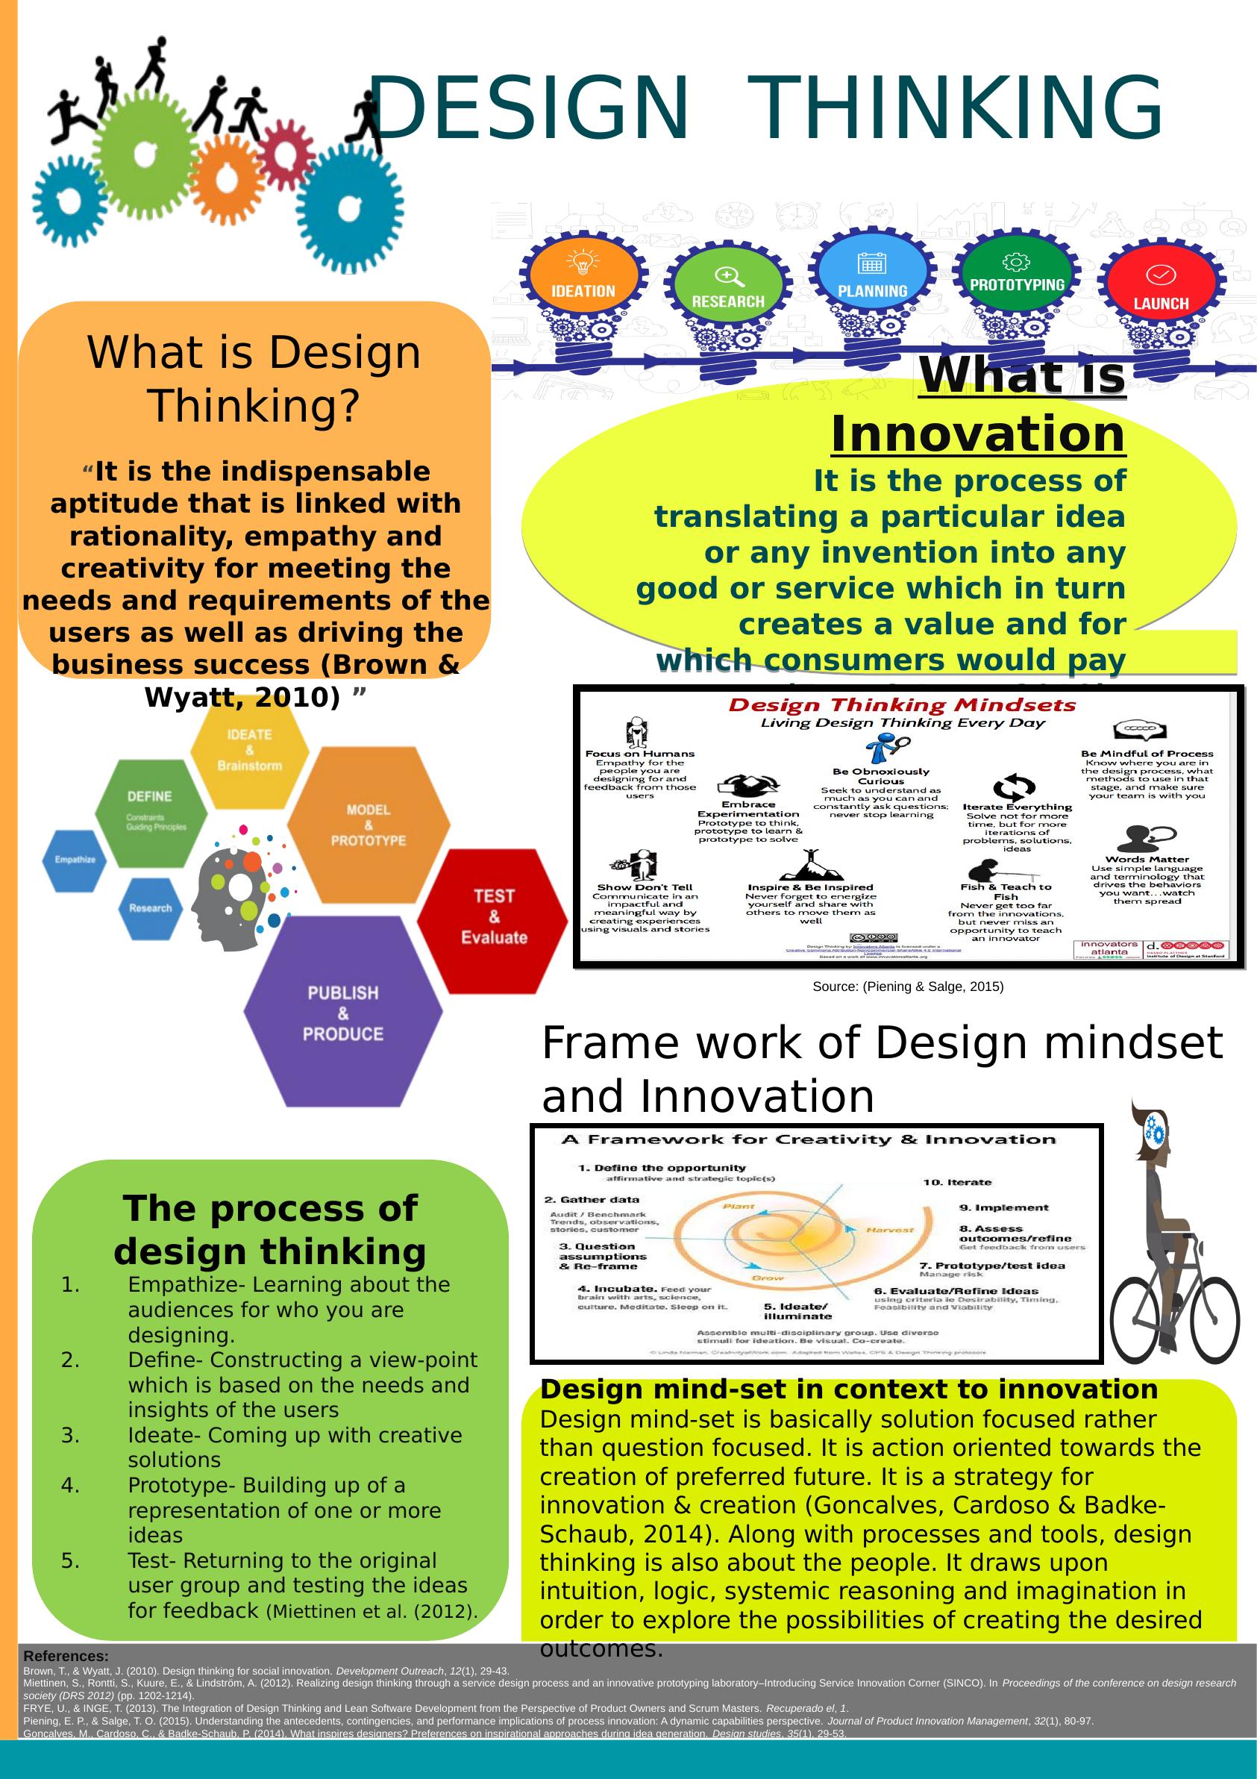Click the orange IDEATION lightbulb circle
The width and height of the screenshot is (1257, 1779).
[583, 276]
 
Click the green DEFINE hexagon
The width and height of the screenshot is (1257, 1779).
[151, 812]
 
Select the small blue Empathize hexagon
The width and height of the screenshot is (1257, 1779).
[75, 860]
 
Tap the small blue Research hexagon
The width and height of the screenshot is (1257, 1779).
[150, 908]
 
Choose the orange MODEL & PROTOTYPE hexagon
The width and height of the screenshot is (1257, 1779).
[368, 825]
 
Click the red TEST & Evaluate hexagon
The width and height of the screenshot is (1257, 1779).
[493, 919]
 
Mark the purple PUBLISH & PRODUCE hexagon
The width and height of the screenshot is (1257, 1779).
[343, 1012]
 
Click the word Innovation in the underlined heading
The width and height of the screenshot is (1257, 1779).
[977, 434]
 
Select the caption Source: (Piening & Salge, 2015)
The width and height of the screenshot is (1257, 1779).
[908, 987]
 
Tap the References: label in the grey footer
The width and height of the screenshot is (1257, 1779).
[66, 1657]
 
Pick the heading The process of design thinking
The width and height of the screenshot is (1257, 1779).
[269, 1230]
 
